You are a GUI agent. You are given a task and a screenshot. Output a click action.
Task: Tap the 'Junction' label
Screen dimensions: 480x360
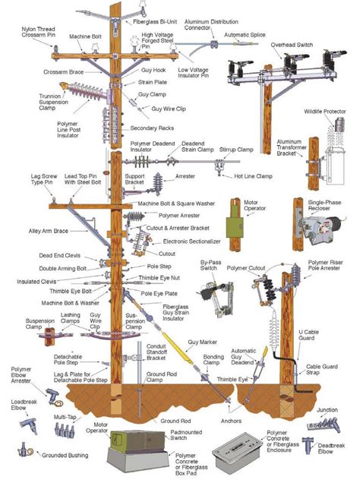click(327, 411)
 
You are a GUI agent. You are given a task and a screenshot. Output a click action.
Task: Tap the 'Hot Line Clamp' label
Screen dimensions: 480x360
click(250, 176)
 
